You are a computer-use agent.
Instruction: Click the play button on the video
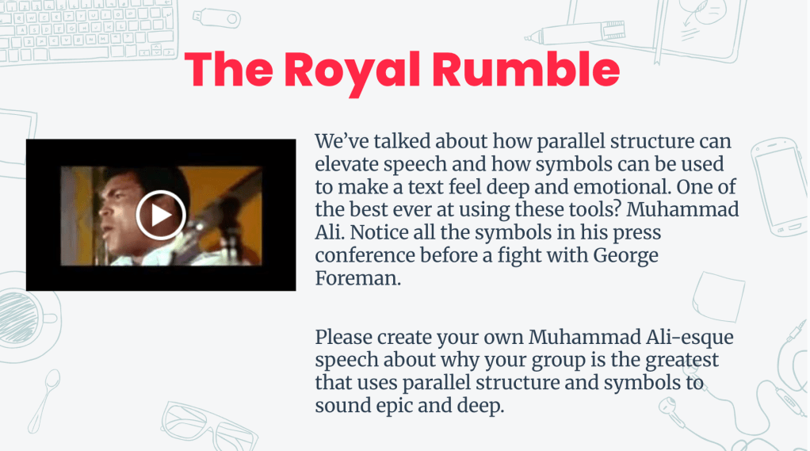(160, 215)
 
